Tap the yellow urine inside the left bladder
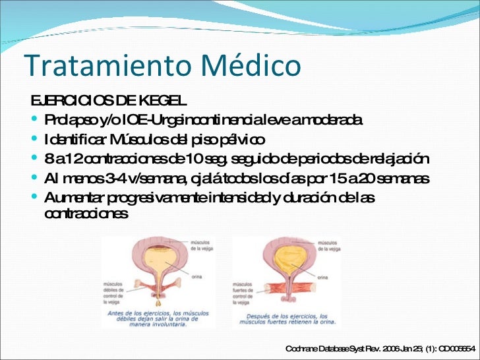pyautogui.click(x=158, y=260)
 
